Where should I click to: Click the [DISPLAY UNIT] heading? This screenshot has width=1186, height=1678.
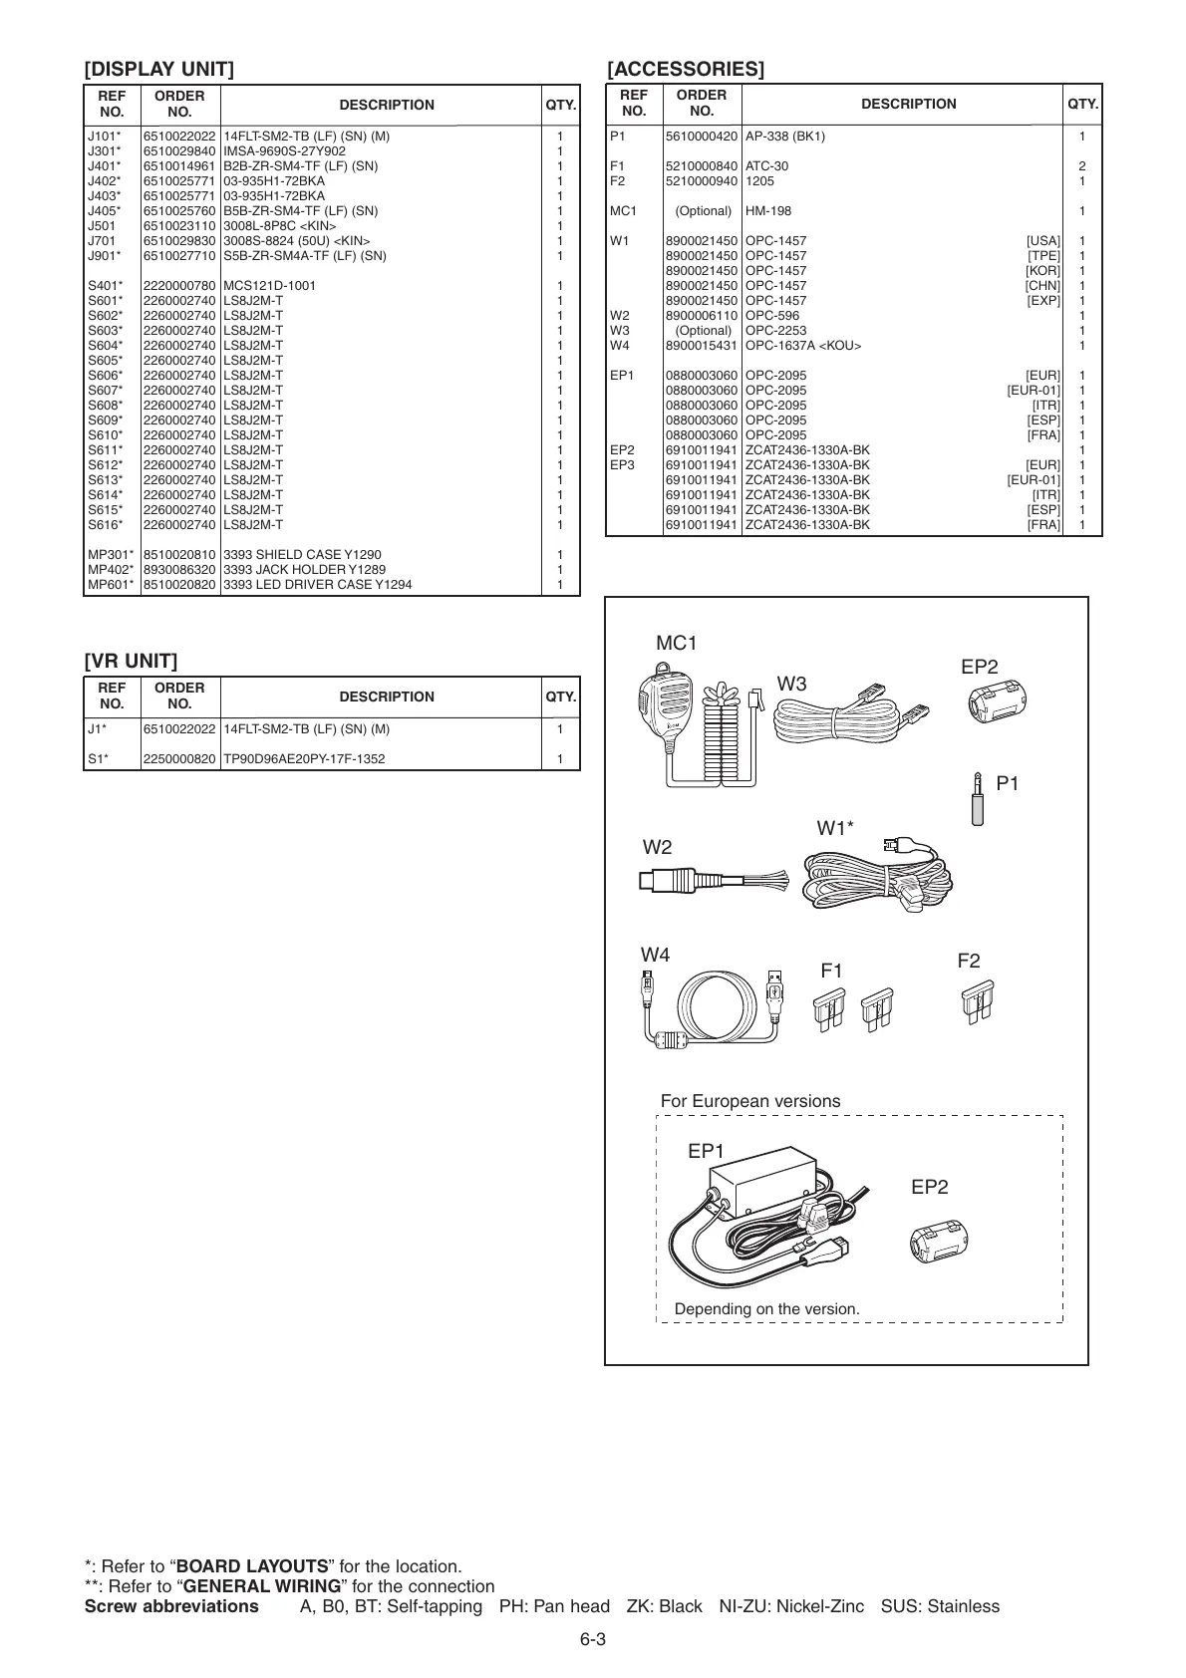[159, 69]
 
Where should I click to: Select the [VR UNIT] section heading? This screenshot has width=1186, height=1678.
[131, 661]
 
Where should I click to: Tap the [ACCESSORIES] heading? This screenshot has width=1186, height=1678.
[686, 69]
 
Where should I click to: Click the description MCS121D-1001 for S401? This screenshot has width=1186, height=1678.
[269, 286]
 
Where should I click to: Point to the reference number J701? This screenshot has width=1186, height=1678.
[102, 241]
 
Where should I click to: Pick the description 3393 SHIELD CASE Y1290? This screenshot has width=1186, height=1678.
[302, 555]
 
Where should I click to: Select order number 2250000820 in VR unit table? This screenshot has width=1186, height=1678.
[179, 759]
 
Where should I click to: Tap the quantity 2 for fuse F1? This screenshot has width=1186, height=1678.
[1082, 166]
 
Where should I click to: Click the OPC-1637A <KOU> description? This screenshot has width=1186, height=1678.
[803, 346]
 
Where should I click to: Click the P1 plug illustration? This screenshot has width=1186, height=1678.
[979, 795]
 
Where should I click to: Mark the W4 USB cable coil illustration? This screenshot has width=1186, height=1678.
[712, 1009]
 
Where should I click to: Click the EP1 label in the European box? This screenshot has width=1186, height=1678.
[706, 1151]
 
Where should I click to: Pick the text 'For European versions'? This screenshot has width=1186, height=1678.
[750, 1101]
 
